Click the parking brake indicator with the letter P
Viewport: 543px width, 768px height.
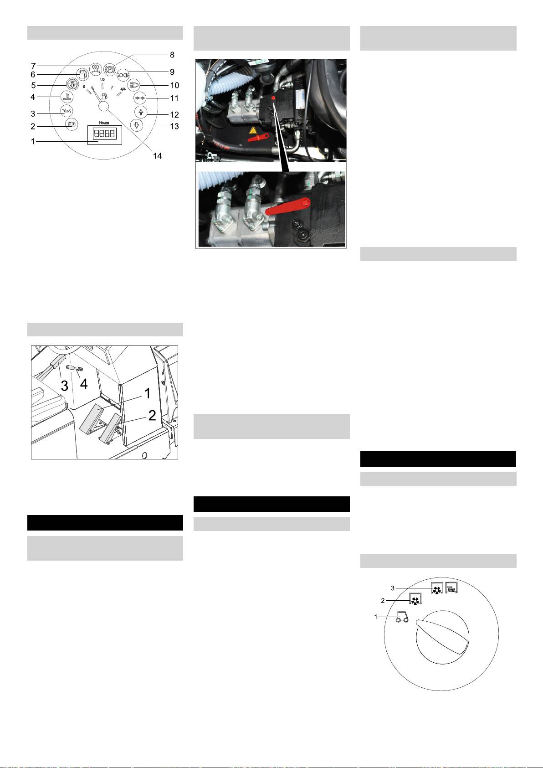[110, 68]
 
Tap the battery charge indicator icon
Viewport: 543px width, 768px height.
[72, 124]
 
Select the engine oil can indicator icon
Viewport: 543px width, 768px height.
[67, 110]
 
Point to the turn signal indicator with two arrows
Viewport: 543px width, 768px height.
[139, 98]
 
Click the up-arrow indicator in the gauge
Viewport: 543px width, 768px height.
[141, 112]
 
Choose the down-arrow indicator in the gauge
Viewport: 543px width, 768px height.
[137, 125]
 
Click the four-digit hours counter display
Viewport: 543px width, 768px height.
[104, 134]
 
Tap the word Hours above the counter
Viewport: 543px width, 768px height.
[104, 123]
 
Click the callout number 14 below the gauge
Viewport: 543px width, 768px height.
[157, 156]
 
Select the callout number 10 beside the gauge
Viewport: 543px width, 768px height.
[175, 85]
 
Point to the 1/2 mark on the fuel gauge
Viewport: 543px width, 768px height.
[102, 80]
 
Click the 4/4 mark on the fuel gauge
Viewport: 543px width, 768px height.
[123, 89]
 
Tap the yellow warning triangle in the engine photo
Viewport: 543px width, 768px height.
[253, 130]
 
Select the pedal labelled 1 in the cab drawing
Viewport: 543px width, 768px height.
[95, 418]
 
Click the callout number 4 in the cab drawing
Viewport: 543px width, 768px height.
[84, 384]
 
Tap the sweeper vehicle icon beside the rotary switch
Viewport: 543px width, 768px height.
[402, 617]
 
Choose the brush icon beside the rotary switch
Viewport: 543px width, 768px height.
[451, 588]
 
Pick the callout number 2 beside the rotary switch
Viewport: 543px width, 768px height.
[383, 601]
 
